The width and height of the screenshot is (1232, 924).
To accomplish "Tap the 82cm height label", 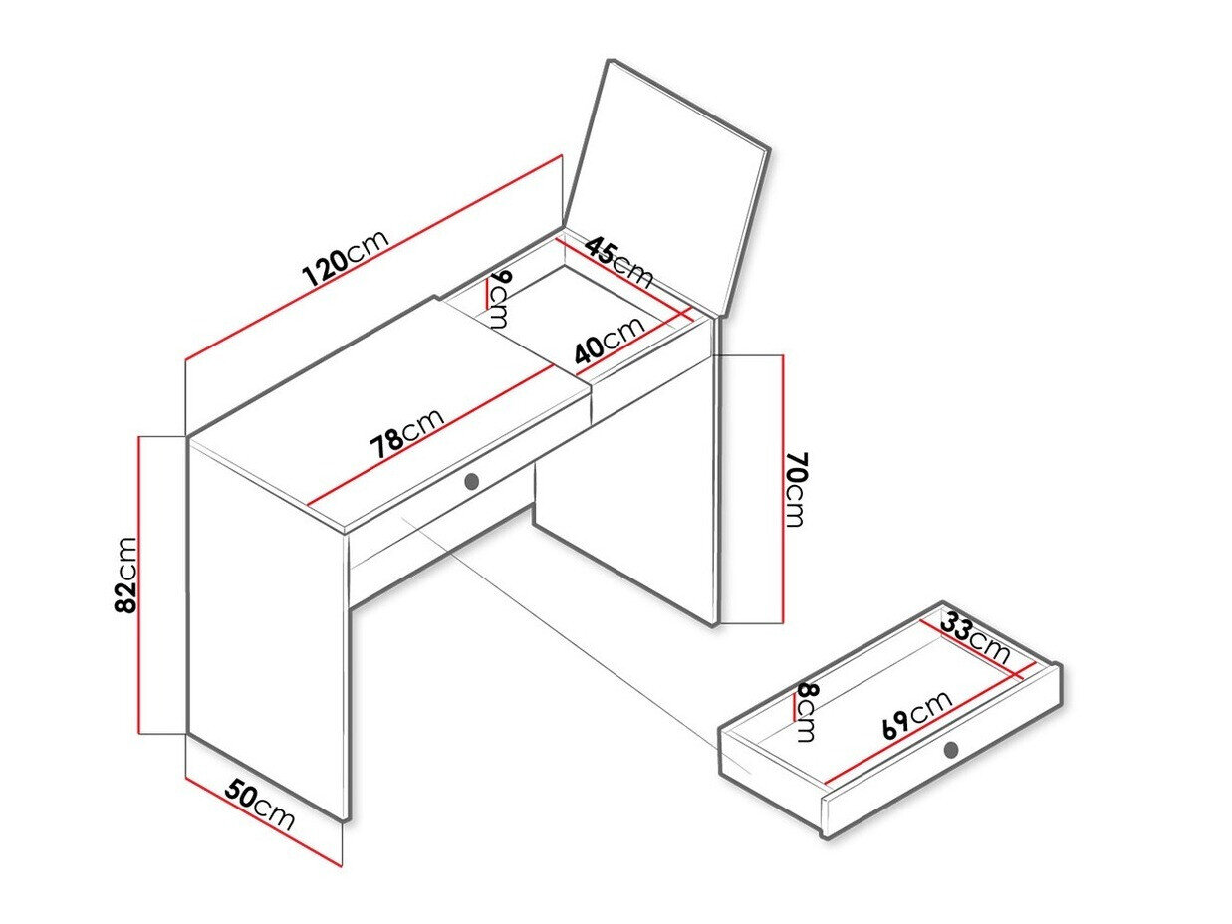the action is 125,576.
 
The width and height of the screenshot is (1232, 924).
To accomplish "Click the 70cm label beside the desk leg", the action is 796,489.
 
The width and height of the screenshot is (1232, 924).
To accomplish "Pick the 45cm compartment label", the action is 619,262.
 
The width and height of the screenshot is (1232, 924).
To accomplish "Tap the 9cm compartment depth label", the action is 499,299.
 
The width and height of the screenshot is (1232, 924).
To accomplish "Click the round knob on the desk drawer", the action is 472,481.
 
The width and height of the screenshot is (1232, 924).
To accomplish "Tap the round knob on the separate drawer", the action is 950,749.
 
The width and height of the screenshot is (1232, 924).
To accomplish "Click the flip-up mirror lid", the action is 665,188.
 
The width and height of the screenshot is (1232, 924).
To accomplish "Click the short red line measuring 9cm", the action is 487,295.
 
